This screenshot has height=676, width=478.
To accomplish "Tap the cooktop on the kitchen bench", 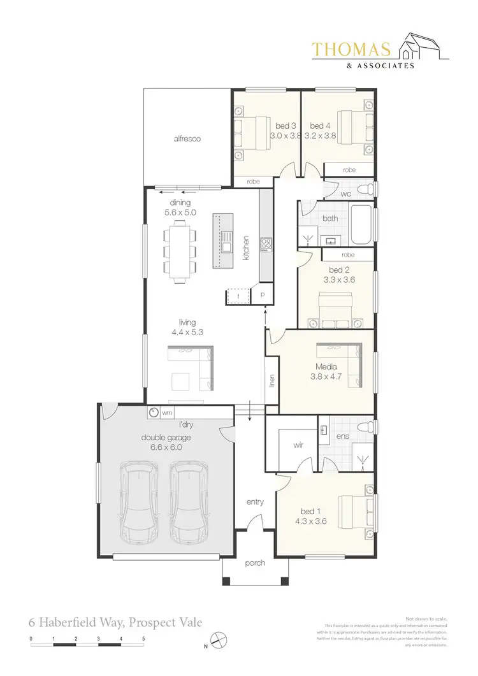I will [x=266, y=244].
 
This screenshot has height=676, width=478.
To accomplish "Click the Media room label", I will [x=326, y=366].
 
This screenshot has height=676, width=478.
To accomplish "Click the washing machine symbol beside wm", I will [x=154, y=413].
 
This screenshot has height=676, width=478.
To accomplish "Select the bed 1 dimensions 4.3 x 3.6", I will [x=312, y=521].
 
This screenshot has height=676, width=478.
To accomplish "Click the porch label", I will [x=255, y=563].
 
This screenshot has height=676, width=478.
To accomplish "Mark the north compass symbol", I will [x=218, y=639].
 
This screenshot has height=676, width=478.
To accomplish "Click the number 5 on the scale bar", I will [x=143, y=638].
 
